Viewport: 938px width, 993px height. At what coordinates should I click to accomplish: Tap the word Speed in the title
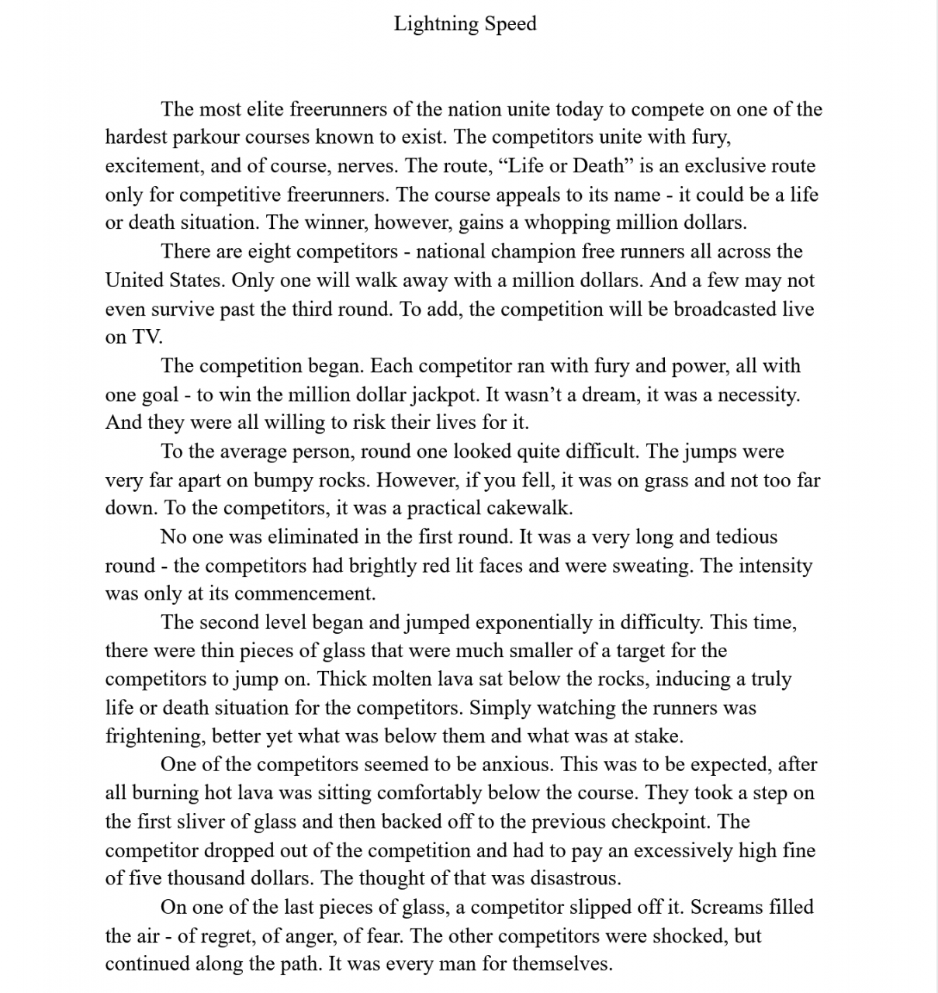511,24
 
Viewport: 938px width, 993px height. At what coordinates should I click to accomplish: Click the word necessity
758,394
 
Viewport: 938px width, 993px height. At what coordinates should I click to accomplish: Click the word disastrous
576,878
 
